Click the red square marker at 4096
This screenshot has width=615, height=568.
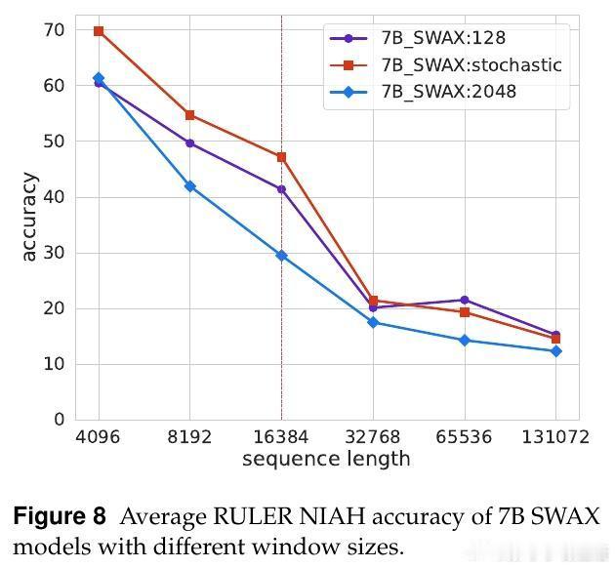(x=99, y=31)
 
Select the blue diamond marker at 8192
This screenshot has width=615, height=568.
(x=189, y=186)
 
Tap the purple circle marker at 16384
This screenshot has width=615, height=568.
(x=281, y=189)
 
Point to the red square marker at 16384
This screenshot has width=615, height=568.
(x=281, y=157)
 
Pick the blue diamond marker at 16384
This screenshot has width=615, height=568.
(x=281, y=256)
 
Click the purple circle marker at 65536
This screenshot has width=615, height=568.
(x=465, y=300)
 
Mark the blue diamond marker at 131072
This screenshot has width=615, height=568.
(x=555, y=351)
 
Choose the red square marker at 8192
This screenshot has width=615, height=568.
(x=189, y=115)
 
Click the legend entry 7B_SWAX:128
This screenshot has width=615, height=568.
(x=443, y=39)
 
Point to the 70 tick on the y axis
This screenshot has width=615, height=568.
(x=53, y=30)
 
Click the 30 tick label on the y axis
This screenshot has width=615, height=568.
(x=53, y=253)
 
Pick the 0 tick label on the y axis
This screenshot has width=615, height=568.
(x=60, y=420)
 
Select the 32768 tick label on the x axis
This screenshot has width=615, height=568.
(x=373, y=437)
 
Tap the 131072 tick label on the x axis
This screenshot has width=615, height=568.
(x=555, y=437)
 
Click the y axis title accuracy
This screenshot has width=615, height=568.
(x=28, y=217)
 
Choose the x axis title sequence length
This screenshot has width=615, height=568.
(x=326, y=459)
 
